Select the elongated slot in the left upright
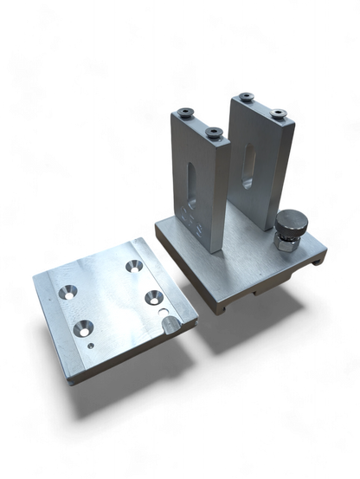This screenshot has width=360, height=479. (189, 179)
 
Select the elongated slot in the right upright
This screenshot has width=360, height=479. (249, 165)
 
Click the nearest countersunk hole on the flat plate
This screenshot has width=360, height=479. (85, 327)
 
